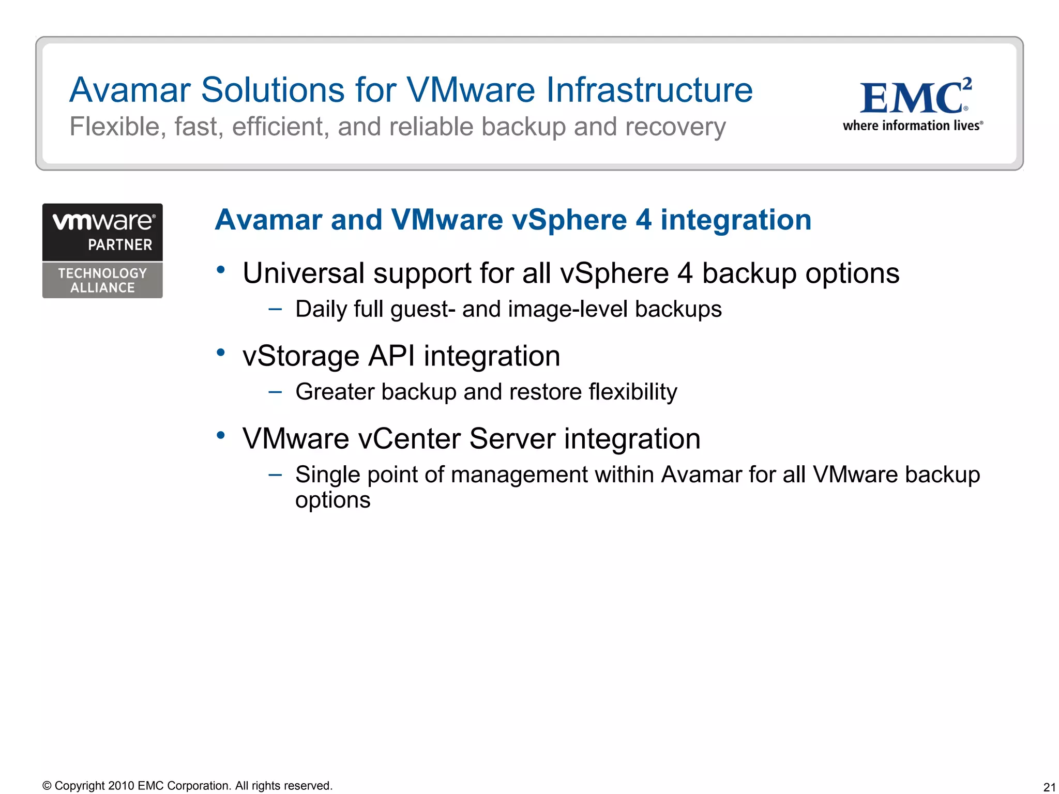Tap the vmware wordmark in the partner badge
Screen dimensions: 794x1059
pos(103,222)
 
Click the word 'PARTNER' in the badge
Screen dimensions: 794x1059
pos(120,245)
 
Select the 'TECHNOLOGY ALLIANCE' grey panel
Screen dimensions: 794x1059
pos(102,280)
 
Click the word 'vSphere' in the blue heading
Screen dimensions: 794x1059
pos(569,220)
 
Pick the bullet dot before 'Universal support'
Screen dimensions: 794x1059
pos(221,269)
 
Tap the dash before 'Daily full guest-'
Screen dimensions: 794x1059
pos(275,309)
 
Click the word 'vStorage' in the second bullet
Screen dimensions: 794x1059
pos(301,356)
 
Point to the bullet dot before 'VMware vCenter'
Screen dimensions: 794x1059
pos(221,435)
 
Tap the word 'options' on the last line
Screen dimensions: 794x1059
pos(332,500)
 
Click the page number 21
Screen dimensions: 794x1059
pos(1049,787)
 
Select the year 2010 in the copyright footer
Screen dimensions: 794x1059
pos(121,786)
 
